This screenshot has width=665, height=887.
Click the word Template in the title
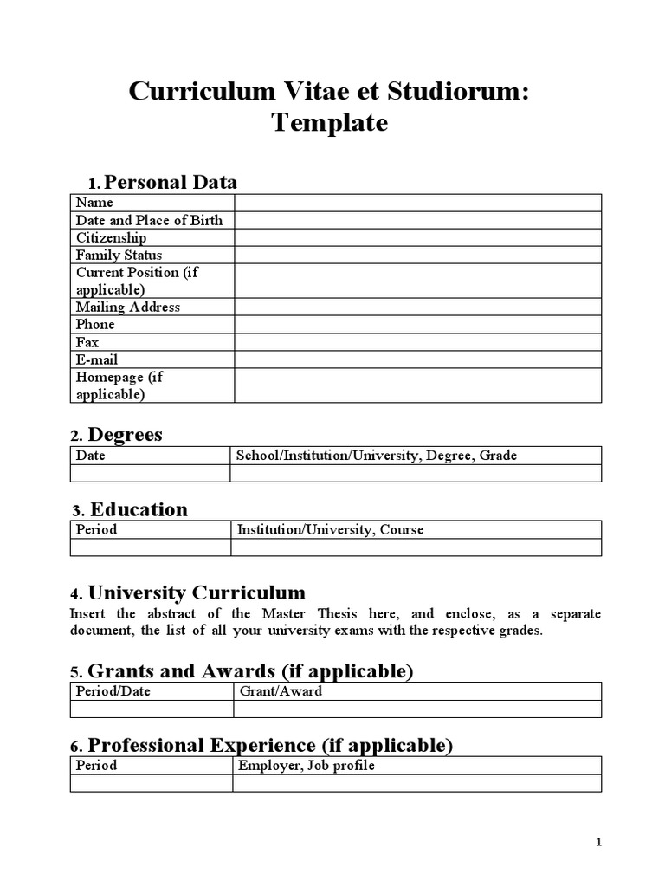[330, 123]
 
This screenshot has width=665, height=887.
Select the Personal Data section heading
[170, 182]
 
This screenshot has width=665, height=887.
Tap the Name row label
[94, 203]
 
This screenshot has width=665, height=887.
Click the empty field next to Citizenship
[417, 237]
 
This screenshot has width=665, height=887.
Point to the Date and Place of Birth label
[149, 220]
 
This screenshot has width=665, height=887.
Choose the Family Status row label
[119, 255]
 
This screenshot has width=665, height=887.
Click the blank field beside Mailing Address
[417, 307]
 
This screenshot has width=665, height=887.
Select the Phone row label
[95, 324]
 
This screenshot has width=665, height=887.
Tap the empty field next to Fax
[417, 342]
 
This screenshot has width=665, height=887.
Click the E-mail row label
[97, 359]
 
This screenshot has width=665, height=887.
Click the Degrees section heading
[126, 434]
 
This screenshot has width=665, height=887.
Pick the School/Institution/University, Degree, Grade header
[377, 456]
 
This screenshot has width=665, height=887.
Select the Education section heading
[139, 508]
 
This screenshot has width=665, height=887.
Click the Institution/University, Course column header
[330, 529]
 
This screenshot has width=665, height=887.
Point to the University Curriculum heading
[197, 593]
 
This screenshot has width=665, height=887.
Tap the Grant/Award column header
[280, 691]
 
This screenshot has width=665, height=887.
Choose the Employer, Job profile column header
[306, 766]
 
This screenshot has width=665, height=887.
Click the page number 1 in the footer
[598, 843]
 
